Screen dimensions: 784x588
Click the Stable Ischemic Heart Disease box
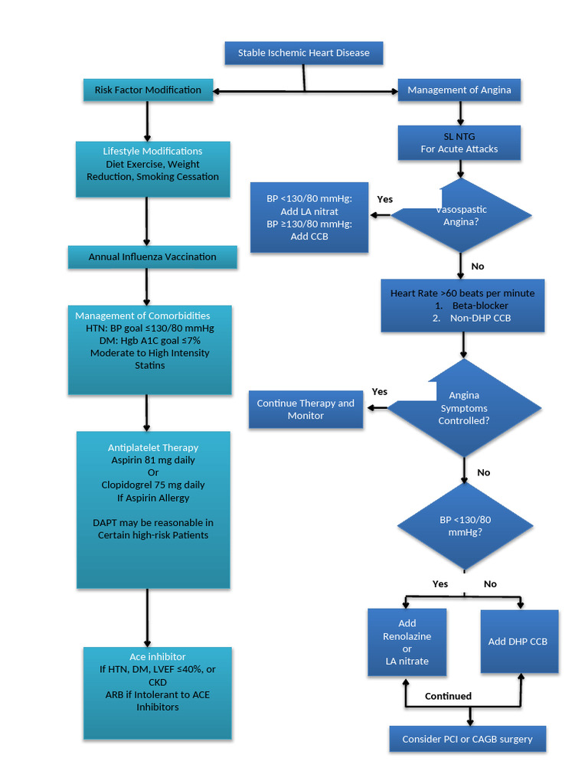303,53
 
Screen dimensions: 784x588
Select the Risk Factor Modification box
148,90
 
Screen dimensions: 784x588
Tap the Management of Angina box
459,90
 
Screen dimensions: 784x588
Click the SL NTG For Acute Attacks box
459,142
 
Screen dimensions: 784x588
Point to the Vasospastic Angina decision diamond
461,216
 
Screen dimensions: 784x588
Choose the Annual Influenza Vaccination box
152,257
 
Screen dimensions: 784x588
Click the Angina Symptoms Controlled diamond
464,408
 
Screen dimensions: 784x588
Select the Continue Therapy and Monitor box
305,410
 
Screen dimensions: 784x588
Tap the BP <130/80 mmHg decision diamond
465,525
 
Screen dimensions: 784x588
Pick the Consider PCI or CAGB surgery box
467,740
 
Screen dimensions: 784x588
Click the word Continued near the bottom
448,696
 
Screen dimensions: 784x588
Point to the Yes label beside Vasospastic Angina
384,199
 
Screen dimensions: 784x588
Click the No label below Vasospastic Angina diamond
478,266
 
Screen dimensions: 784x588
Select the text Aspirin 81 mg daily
153,460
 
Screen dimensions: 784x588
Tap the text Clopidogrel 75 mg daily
153,485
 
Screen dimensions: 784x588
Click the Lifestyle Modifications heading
152,152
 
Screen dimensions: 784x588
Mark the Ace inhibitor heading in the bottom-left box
157,657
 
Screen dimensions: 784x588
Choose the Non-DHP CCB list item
480,318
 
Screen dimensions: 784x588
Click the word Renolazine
407,636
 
